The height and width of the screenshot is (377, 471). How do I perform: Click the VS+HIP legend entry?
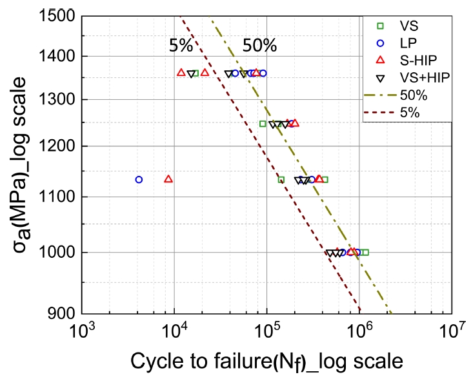423,77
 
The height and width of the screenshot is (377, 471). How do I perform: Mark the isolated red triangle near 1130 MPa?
168,179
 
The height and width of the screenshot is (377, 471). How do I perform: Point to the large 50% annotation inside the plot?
259,46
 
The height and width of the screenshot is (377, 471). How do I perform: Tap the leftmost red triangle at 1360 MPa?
181,73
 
